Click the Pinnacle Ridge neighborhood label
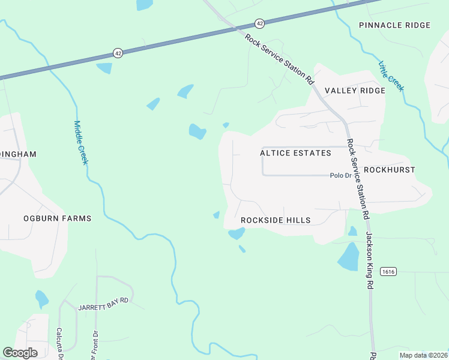click(394, 25)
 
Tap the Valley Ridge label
click(355, 91)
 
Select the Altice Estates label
click(295, 153)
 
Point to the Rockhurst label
click(389, 170)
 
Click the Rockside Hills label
click(276, 220)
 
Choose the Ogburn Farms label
click(58, 218)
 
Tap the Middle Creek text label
click(81, 143)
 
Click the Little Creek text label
click(391, 76)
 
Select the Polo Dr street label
click(340, 176)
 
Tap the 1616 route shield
click(388, 272)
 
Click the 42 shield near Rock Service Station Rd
click(259, 23)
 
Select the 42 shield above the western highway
click(118, 53)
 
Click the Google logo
click(20, 353)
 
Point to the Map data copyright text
click(423, 355)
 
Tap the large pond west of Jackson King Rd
click(349, 256)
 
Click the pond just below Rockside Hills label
click(236, 233)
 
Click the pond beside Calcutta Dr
click(41, 298)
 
